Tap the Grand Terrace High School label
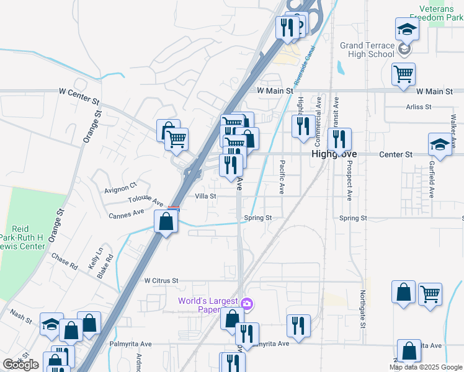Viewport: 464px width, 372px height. tap(367, 50)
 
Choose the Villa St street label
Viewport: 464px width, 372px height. tap(205, 196)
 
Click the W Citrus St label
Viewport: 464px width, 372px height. tap(161, 280)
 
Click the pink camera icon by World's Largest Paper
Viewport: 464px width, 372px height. tap(247, 303)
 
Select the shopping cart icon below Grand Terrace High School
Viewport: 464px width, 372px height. tap(403, 74)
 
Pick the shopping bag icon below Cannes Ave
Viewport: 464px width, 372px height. tap(166, 221)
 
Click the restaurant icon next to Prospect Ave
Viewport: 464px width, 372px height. tap(339, 139)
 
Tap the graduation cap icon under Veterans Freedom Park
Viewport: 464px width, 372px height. tap(407, 29)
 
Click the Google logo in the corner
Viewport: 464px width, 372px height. tap(21, 365)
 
